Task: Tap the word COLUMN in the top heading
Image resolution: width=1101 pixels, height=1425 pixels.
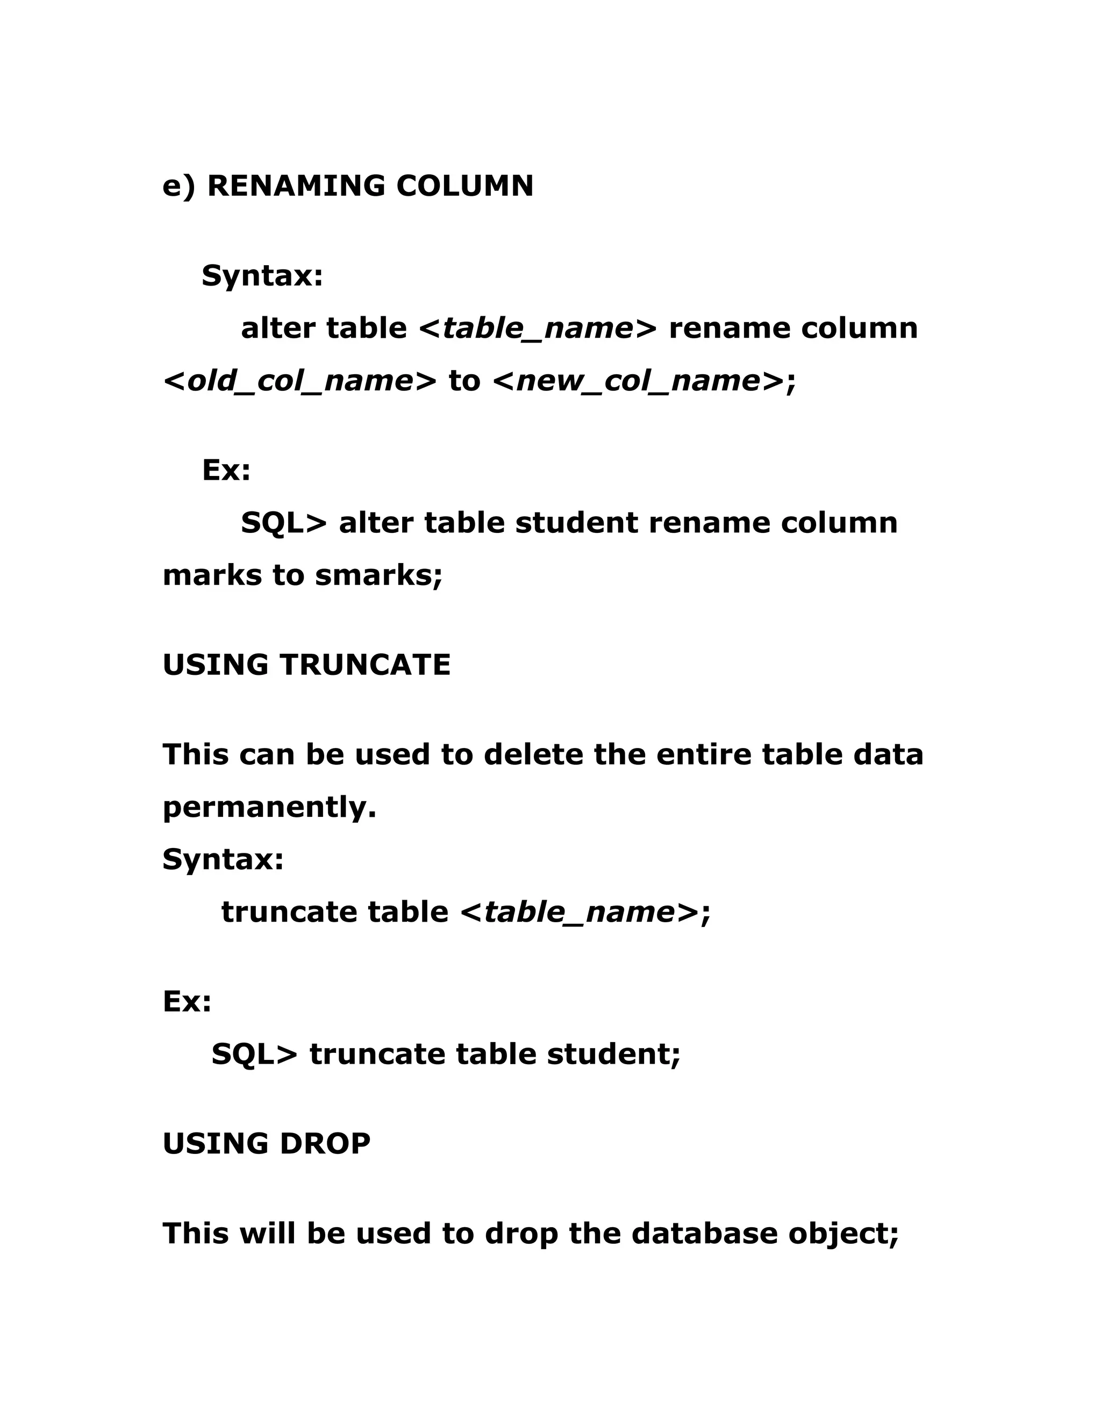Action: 464,186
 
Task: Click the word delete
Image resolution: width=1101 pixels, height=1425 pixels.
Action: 533,755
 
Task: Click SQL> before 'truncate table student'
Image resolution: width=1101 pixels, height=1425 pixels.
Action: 254,1054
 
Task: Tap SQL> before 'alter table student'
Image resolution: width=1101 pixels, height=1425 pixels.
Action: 284,523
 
